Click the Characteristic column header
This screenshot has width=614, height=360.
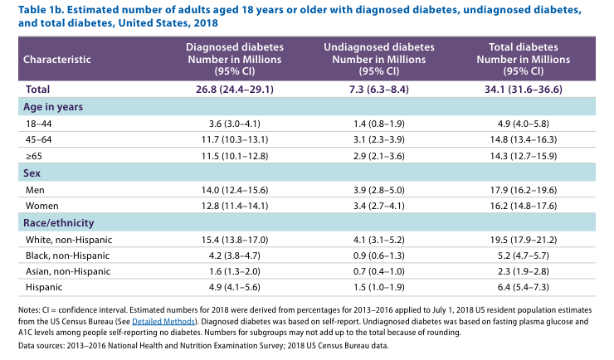click(x=57, y=60)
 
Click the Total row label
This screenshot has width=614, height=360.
click(x=38, y=88)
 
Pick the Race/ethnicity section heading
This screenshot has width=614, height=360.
click(x=57, y=222)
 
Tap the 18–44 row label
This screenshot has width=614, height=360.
click(x=38, y=124)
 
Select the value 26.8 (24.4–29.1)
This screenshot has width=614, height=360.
click(x=233, y=88)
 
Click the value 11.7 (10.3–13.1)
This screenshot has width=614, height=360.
click(x=233, y=140)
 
